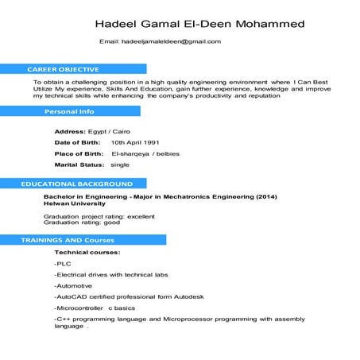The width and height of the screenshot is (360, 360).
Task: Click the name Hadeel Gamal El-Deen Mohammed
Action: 199,24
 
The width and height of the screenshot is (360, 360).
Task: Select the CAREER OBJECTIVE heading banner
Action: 64,69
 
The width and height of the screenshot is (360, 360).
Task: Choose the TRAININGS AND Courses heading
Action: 68,239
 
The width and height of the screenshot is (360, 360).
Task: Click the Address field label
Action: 70,131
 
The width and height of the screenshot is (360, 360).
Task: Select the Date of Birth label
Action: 77,142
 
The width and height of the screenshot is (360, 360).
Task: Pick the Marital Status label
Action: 79,164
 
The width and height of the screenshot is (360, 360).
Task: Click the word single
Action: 120,164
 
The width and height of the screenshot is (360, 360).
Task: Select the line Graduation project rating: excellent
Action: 99,216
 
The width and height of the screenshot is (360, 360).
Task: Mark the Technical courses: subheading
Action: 87,252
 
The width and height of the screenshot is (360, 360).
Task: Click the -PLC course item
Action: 63,263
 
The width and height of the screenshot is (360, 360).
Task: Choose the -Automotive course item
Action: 73,285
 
